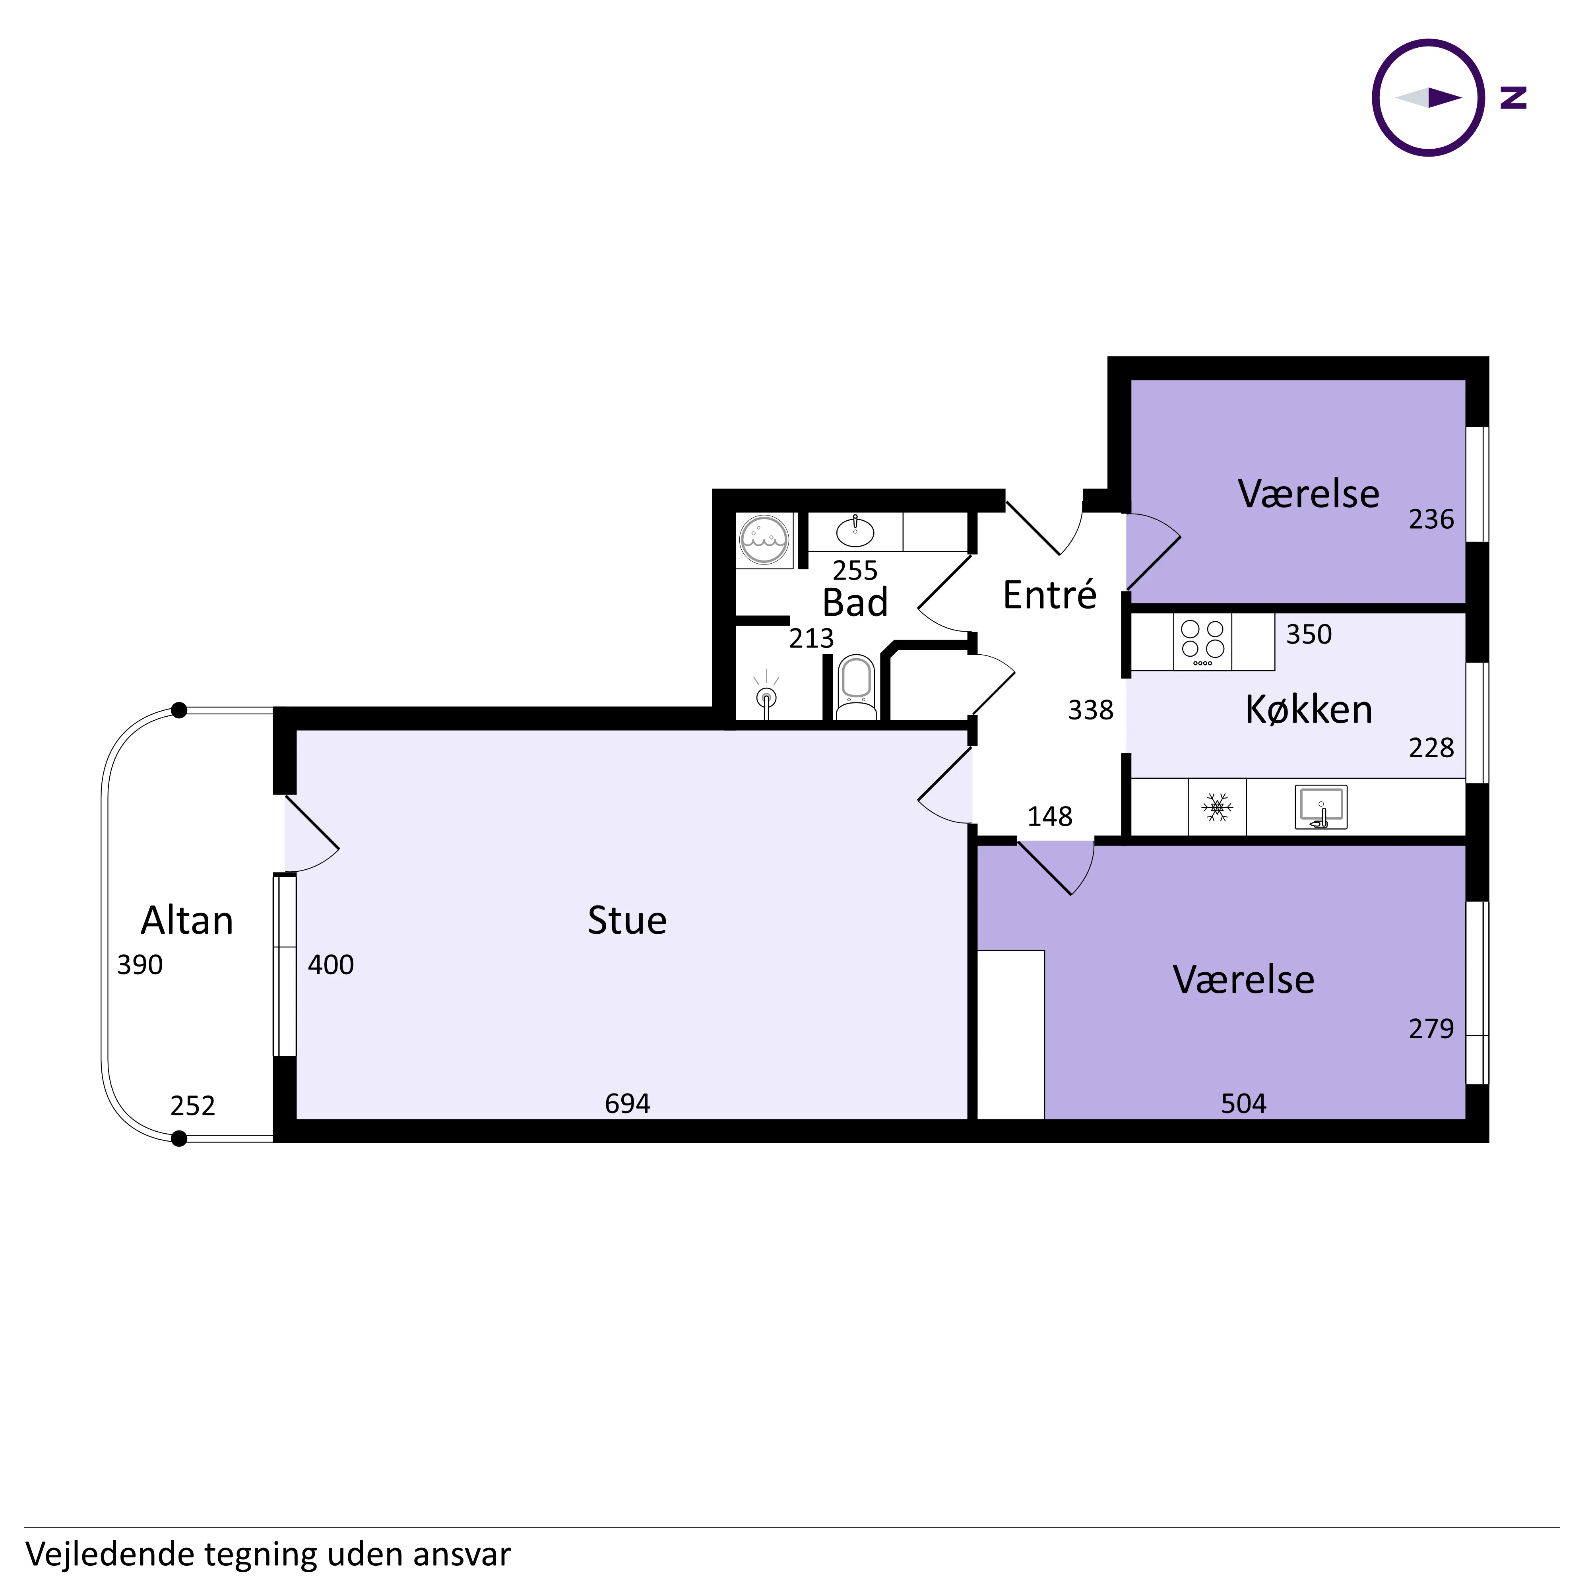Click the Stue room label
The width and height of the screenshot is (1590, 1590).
click(627, 920)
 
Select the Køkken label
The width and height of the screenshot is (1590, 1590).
click(1309, 710)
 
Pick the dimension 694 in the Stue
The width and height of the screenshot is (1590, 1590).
click(627, 1103)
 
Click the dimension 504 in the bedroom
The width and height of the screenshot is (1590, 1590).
click(1243, 1103)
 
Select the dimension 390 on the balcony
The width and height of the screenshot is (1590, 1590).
click(140, 965)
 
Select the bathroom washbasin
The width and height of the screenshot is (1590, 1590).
click(855, 531)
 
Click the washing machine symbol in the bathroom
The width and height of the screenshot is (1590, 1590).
click(764, 540)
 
